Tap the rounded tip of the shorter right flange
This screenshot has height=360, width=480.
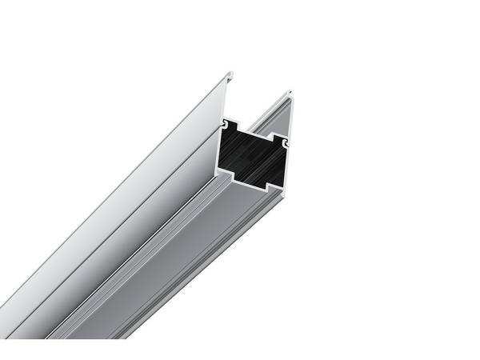pos(290,95)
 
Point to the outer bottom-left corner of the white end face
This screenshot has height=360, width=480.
pos(218,174)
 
